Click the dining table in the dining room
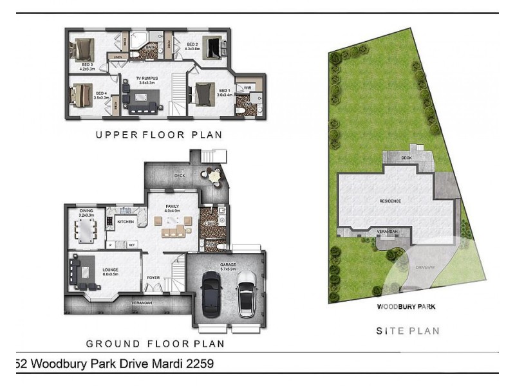[86, 229]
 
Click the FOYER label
[153, 279]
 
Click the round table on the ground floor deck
[213, 175]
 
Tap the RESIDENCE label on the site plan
[389, 201]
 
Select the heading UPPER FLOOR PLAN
[158, 135]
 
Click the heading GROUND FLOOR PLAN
[154, 343]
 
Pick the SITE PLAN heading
[407, 331]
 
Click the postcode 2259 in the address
[196, 363]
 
